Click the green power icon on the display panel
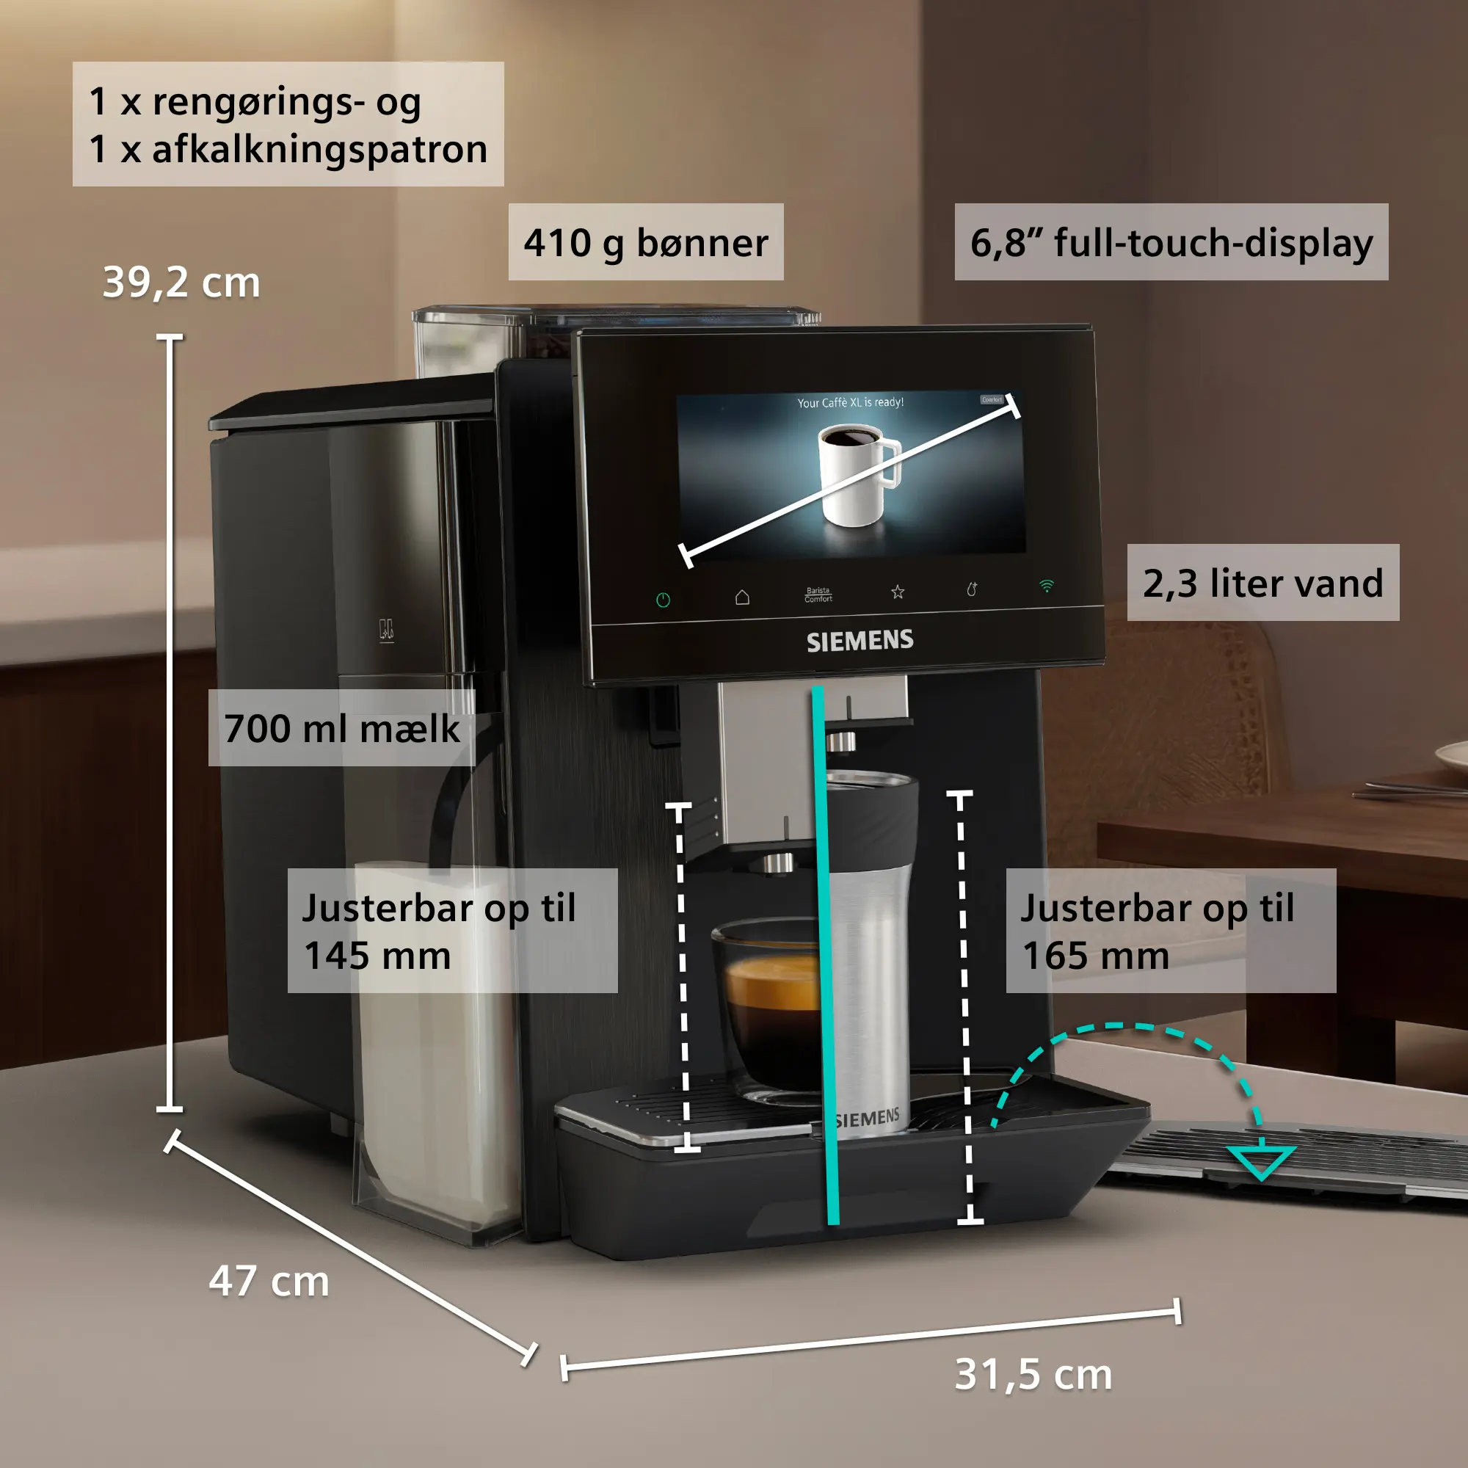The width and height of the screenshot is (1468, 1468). pos(663,600)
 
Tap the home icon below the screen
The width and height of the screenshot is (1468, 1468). pos(742,597)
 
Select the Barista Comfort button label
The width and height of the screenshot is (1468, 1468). pos(818,595)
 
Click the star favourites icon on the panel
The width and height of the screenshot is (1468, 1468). pos(898,591)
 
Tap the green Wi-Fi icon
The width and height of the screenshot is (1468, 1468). pos(1046,586)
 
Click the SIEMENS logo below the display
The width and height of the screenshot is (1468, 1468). pos(860,641)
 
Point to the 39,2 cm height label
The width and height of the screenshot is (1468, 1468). pos(181,283)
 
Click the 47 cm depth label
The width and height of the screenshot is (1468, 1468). pos(269,1281)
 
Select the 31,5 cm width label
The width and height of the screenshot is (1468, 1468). pos(1033,1375)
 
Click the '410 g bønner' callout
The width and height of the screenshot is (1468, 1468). pos(646,242)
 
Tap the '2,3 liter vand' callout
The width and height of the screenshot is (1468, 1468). pos(1262,583)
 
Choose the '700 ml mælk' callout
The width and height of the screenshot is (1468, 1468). pos(342,728)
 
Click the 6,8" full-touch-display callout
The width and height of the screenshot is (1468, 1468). pos(1171,242)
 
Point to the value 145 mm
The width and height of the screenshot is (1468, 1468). pos(377,955)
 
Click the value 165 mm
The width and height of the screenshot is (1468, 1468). pos(1096,955)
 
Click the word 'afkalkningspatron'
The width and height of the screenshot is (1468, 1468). pos(320,150)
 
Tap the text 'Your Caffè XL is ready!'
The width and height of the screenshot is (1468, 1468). pos(850,402)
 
